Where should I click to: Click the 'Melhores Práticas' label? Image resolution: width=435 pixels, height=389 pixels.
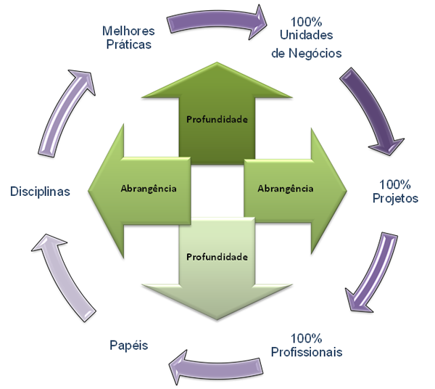[x=128, y=38]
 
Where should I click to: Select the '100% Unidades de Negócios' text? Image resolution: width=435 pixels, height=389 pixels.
[x=306, y=38]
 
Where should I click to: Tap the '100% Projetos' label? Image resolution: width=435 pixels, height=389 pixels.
[x=395, y=192]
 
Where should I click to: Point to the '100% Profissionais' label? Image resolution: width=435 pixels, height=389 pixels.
[x=306, y=345]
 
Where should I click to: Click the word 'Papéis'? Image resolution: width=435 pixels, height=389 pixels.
[x=129, y=345]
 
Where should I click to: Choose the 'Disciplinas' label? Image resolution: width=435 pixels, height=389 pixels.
[x=40, y=192]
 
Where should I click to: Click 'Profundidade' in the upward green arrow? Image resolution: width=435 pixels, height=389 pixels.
[x=217, y=120]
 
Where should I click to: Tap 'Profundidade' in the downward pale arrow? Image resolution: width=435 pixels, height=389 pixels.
[x=217, y=257]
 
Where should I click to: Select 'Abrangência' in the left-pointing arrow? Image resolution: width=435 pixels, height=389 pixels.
[x=149, y=189]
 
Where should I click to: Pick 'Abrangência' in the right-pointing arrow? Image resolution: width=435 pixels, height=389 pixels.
[x=286, y=189]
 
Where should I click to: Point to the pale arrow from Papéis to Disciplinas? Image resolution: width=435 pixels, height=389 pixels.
[x=63, y=278]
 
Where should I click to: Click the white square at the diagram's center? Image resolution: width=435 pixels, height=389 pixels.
[x=217, y=191]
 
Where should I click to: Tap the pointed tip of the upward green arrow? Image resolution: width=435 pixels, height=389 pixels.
[x=217, y=62]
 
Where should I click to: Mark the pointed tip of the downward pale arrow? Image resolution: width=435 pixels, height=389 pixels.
[x=217, y=319]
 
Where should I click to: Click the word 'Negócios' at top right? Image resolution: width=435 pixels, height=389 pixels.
[x=315, y=53]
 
